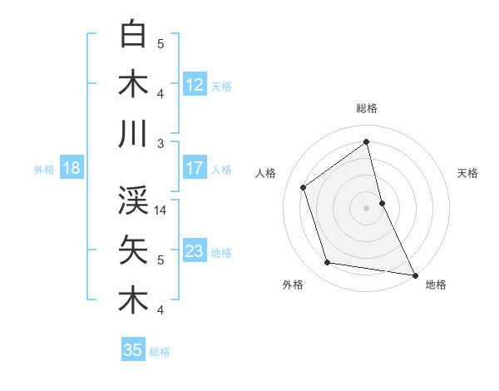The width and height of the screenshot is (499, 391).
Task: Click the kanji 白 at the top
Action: pyautogui.click(x=133, y=34)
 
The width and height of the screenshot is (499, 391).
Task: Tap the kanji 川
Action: pyautogui.click(x=133, y=134)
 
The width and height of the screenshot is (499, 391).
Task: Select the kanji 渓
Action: pyautogui.click(x=133, y=200)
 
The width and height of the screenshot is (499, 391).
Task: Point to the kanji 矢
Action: pyautogui.click(x=133, y=250)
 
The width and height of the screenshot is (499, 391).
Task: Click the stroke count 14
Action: pyautogui.click(x=161, y=210)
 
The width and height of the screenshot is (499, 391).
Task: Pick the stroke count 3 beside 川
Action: pyautogui.click(x=161, y=144)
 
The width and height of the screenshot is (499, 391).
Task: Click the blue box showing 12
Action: pyautogui.click(x=195, y=85)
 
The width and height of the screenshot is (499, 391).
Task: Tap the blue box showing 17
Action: pyautogui.click(x=195, y=168)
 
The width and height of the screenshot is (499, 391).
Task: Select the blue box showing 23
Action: pyautogui.click(x=195, y=251)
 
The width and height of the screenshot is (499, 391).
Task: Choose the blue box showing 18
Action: pyautogui.click(x=72, y=168)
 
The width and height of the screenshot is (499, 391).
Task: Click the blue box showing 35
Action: pyautogui.click(x=133, y=350)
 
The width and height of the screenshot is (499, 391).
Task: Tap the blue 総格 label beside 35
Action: pyautogui.click(x=160, y=351)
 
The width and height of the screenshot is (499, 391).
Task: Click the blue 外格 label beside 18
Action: pyautogui.click(x=44, y=169)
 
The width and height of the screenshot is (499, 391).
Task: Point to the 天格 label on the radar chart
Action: pyautogui.click(x=467, y=173)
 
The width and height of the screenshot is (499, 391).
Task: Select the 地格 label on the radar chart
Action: pyautogui.click(x=436, y=285)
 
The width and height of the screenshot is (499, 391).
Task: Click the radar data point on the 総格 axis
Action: pyautogui.click(x=366, y=141)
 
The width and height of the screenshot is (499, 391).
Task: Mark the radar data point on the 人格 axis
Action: pyautogui.click(x=304, y=187)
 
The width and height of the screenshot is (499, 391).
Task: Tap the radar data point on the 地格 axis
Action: pyautogui.click(x=414, y=274)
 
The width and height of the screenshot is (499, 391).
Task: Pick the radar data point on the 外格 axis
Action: pyautogui.click(x=328, y=263)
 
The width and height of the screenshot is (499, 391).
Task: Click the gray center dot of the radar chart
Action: pyautogui.click(x=366, y=207)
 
